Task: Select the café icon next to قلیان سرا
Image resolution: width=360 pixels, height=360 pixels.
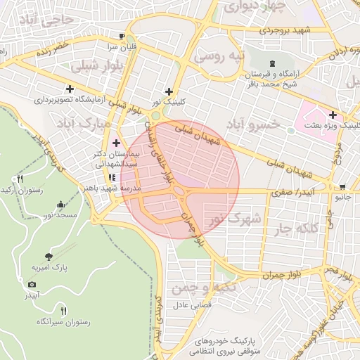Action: click(122, 36)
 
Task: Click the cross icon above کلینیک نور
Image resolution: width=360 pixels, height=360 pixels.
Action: click(168, 91)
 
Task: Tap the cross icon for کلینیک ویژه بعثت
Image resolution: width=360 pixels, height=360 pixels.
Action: click(332, 115)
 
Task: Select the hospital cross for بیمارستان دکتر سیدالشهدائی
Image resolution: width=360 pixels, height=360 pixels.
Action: click(117, 143)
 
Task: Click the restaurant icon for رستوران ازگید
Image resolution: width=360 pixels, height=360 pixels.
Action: click(20, 179)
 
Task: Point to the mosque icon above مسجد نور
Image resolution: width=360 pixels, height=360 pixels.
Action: click(61, 205)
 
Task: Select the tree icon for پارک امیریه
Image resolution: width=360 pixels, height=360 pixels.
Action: click(48, 257)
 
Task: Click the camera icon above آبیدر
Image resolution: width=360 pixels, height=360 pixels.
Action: click(31, 284)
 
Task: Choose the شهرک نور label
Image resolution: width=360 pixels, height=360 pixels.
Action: click(235, 219)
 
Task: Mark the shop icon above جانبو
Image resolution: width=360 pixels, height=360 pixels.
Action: click(342, 187)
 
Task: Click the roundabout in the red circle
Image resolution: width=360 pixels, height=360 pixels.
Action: click(180, 191)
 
